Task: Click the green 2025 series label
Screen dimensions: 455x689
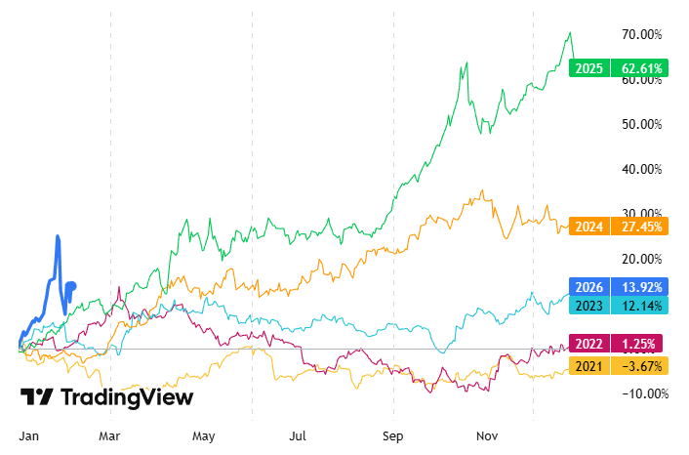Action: pyautogui.click(x=588, y=68)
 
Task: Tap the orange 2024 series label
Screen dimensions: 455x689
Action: pyautogui.click(x=588, y=226)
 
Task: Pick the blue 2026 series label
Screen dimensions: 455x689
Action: pyautogui.click(x=588, y=287)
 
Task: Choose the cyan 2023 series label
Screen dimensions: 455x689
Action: pyautogui.click(x=588, y=305)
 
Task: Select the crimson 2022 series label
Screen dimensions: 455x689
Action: pyautogui.click(x=588, y=344)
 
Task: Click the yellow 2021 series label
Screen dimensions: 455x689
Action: pyautogui.click(x=588, y=365)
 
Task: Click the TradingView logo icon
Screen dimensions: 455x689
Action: pyautogui.click(x=37, y=397)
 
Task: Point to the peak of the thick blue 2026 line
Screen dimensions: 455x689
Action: pyautogui.click(x=59, y=236)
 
